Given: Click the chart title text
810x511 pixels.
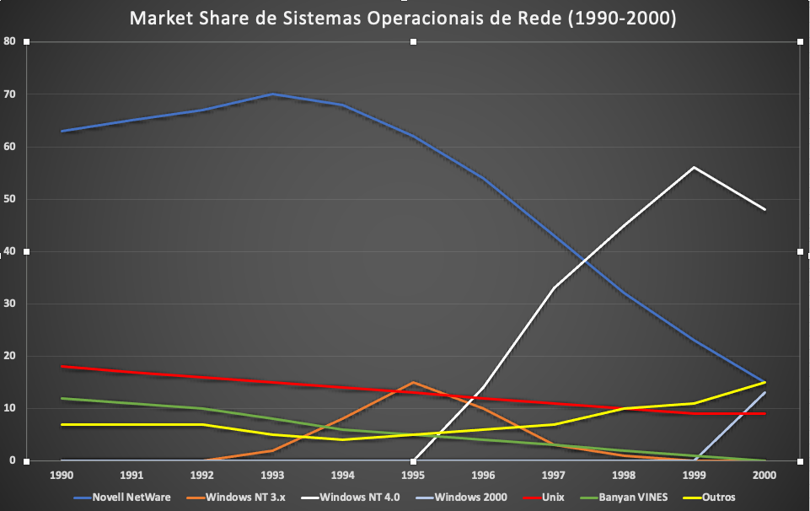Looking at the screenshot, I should coord(403,19).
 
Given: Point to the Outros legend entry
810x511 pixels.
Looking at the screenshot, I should coord(717,498).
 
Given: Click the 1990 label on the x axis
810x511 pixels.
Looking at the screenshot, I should coord(62,476).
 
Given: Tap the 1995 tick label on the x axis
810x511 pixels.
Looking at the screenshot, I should coord(413,476).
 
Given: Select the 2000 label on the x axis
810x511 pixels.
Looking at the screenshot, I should coord(764,476).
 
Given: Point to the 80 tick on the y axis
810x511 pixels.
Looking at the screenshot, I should coord(10,41).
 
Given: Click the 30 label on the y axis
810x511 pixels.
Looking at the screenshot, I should coord(10,304).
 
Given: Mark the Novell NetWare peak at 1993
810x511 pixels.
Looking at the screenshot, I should coord(272,94).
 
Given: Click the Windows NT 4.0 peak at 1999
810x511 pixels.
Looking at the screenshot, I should coord(694,168).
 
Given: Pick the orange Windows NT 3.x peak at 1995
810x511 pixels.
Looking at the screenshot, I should coord(413,383).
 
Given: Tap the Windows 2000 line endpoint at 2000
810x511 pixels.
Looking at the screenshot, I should coord(764,393).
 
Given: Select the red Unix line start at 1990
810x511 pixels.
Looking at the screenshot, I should coord(62,367).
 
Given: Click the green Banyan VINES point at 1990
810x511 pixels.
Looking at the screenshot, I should coord(62,398).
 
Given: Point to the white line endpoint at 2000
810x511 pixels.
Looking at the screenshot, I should coord(764,209).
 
